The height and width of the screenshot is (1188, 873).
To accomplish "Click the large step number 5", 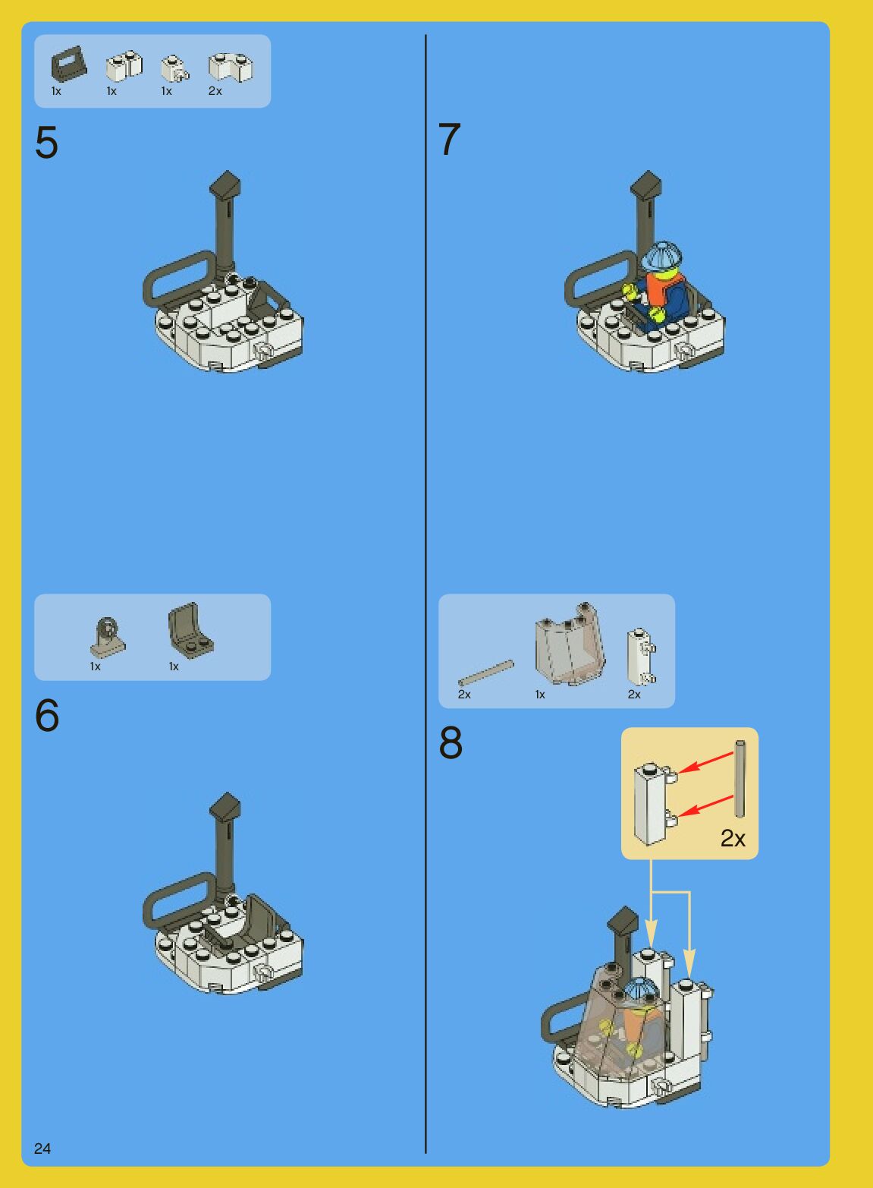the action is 46,142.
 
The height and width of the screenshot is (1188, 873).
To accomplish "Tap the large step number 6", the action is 46,715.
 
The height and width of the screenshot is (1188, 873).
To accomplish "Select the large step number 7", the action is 450,139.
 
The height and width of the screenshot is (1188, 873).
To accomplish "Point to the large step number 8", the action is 451,742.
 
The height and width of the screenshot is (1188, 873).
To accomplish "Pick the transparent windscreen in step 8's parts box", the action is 570,644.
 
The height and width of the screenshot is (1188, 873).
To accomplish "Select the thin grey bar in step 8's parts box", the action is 486,673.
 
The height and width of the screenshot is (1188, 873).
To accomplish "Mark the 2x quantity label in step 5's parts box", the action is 215,91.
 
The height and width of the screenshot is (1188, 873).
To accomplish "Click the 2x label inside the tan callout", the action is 733,838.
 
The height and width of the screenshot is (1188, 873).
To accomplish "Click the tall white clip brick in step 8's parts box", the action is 641,656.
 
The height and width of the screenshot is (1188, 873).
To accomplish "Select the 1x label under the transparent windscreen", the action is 540,695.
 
